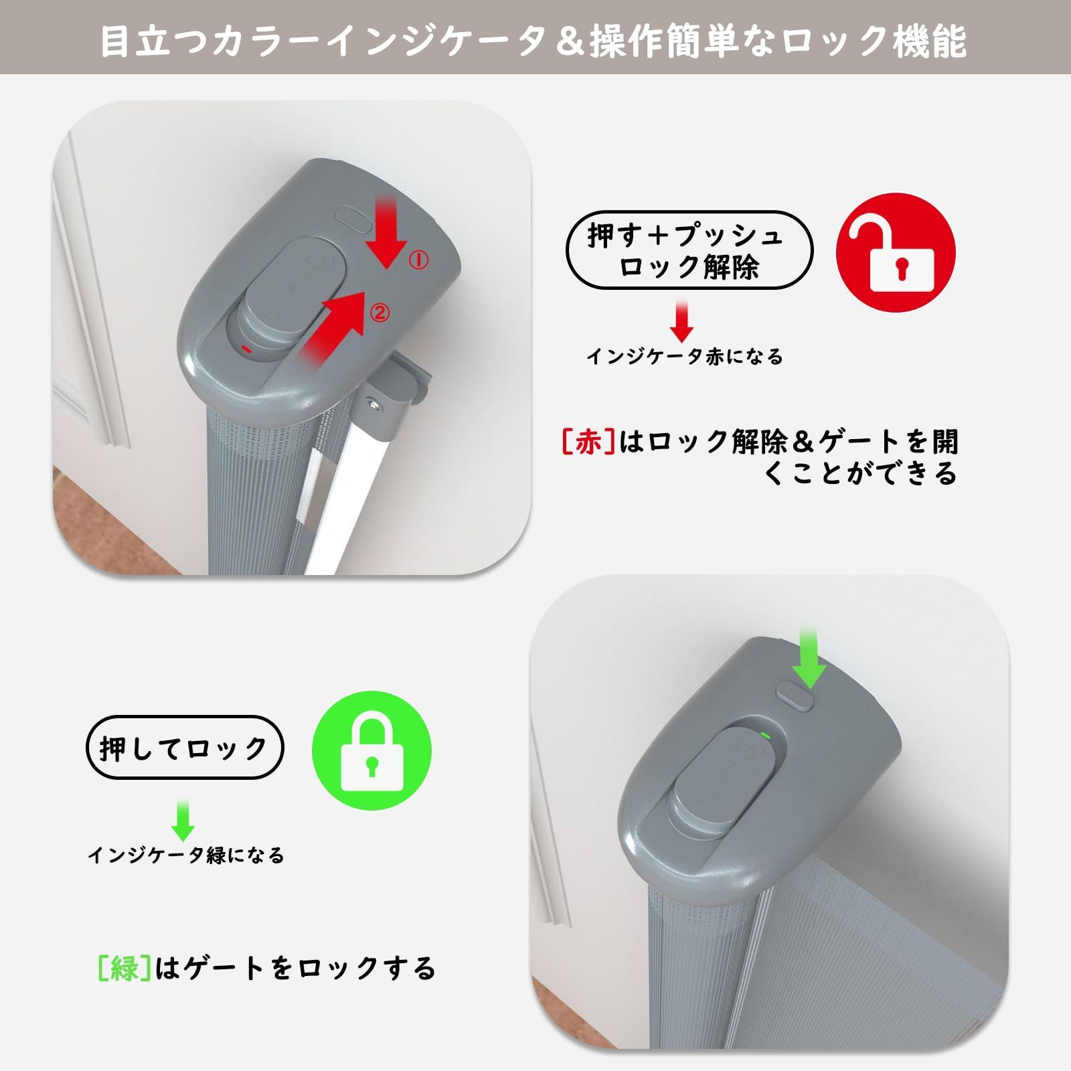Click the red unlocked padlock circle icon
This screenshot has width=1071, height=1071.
pyautogui.click(x=896, y=252)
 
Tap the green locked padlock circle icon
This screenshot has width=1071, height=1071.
pyautogui.click(x=372, y=750)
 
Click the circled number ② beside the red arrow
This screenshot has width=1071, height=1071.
pyautogui.click(x=379, y=313)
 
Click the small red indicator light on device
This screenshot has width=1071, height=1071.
pyautogui.click(x=246, y=349)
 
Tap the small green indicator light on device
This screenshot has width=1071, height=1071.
pyautogui.click(x=765, y=734)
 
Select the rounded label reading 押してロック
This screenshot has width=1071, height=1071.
pyautogui.click(x=185, y=748)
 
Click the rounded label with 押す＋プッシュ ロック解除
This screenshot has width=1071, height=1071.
pyautogui.click(x=689, y=250)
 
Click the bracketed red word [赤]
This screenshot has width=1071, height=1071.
pyautogui.click(x=588, y=442)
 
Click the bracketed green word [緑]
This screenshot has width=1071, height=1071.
pyautogui.click(x=124, y=968)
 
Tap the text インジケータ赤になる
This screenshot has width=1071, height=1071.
pyautogui.click(x=684, y=357)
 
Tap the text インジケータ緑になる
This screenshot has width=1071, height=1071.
pyautogui.click(x=186, y=855)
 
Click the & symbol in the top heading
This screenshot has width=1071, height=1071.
pyautogui.click(x=566, y=42)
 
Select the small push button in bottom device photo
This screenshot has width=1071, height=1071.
pyautogui.click(x=795, y=697)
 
